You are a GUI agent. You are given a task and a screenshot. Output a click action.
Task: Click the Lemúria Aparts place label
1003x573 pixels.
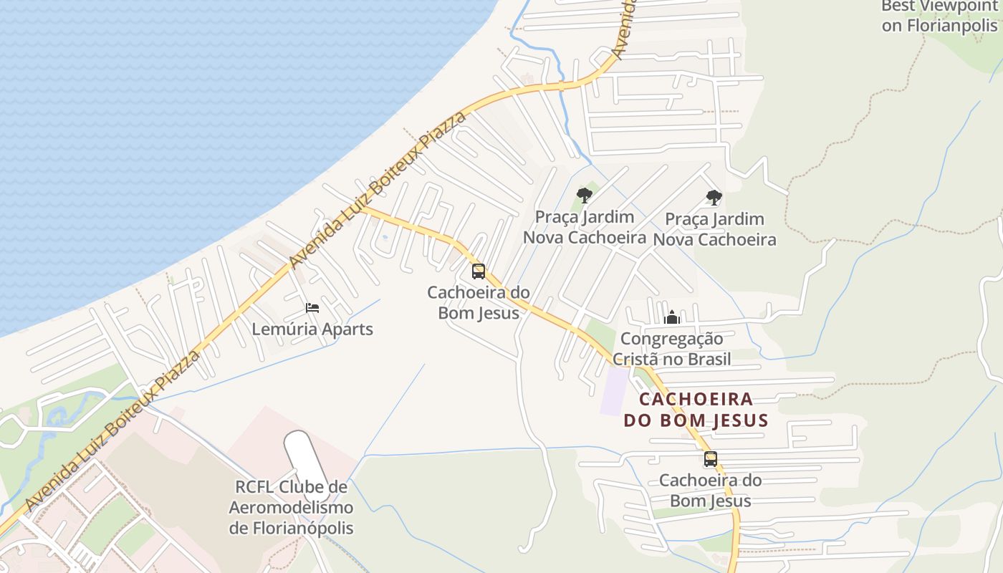coord(312,329)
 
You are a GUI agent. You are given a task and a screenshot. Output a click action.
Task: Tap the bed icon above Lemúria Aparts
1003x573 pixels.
coord(312,308)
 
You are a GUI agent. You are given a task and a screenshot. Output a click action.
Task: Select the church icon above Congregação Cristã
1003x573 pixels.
coord(672,317)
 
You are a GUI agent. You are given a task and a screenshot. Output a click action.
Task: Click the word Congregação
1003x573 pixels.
coord(672,339)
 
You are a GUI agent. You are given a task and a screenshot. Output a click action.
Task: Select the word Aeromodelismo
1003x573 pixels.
coord(291,508)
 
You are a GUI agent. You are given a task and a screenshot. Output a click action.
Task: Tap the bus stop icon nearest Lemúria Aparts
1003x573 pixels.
coord(479,271)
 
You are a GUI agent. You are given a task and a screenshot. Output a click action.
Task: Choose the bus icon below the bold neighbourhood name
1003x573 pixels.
coord(711,459)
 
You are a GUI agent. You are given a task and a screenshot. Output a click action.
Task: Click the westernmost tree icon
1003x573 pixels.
coord(585,195)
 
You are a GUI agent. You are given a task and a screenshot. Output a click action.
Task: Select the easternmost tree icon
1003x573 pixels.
coord(714,197)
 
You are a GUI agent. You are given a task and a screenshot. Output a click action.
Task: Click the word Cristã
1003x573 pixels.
coord(635,359)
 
